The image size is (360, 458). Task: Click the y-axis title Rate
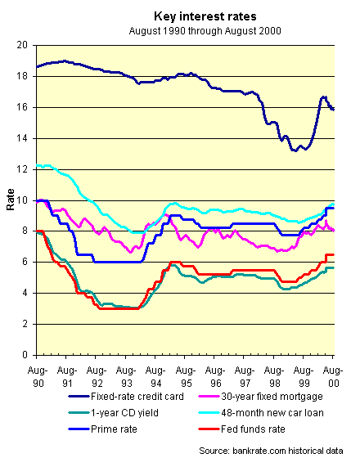point(11,200)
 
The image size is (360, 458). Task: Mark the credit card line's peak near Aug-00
point(323,97)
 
